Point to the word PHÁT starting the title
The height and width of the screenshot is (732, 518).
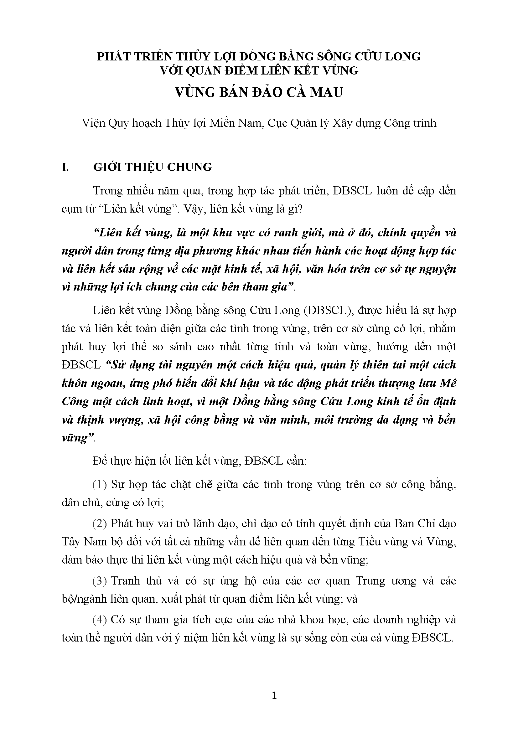tap(113, 56)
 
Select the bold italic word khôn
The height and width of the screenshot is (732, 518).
tap(76, 383)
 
